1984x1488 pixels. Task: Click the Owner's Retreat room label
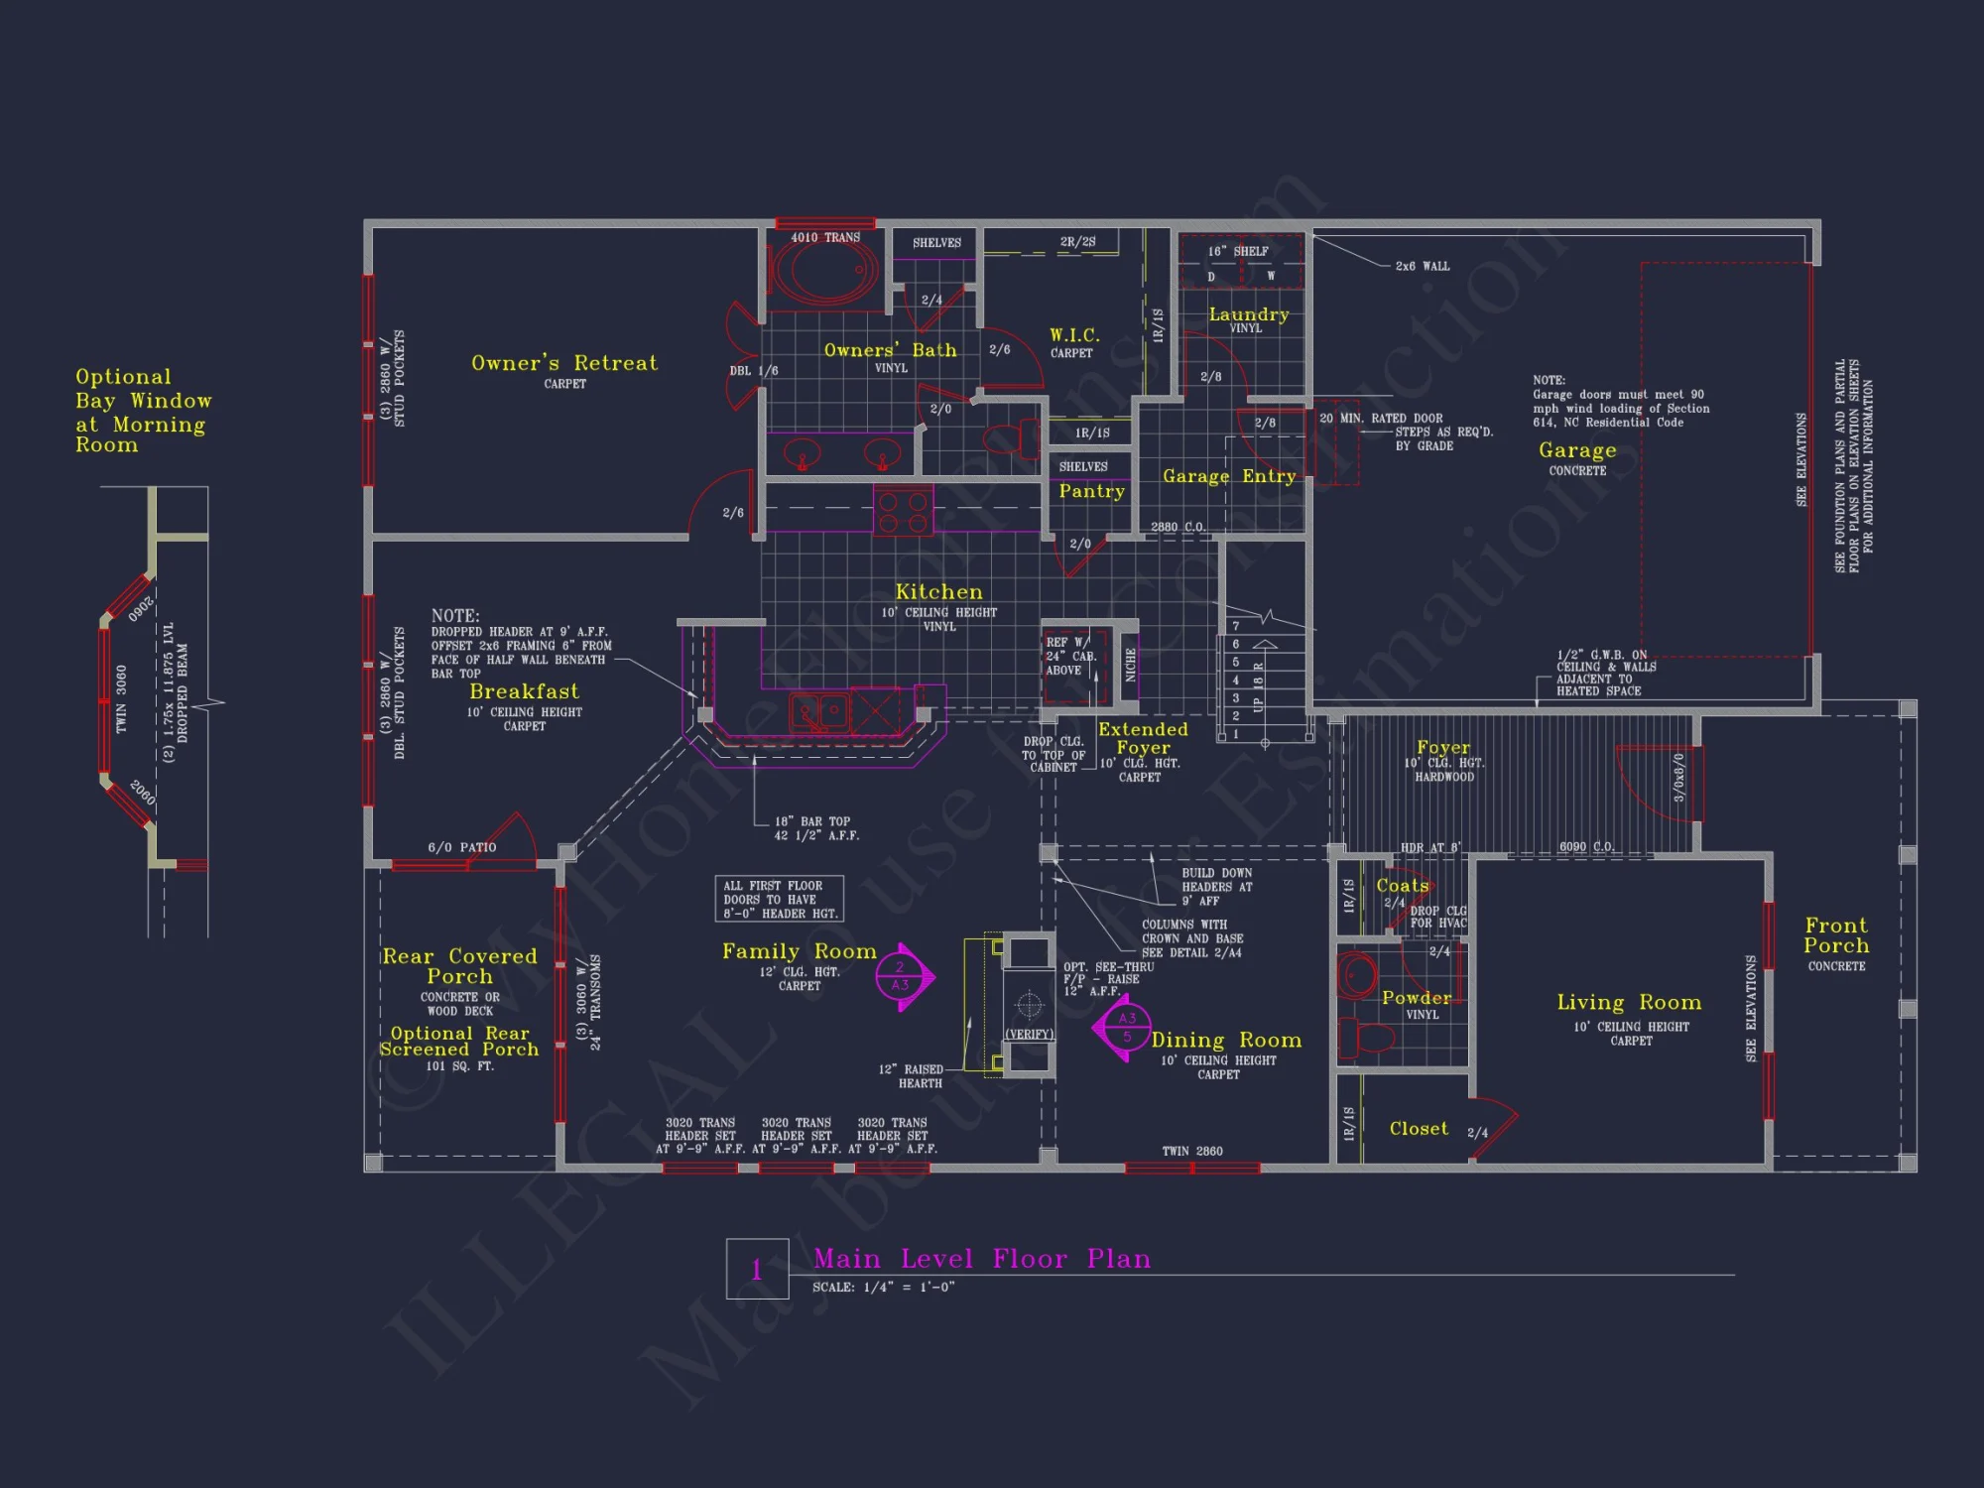pyautogui.click(x=563, y=363)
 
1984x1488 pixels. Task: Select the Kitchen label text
pyautogui.click(x=938, y=592)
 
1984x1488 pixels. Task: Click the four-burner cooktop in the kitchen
pyautogui.click(x=903, y=512)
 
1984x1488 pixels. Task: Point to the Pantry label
pyautogui.click(x=1091, y=491)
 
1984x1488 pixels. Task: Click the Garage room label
pyautogui.click(x=1577, y=450)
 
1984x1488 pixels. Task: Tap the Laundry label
pyautogui.click(x=1248, y=314)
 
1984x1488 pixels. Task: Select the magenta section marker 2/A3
pyautogui.click(x=901, y=976)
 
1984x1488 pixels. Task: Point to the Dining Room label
pyautogui.click(x=1226, y=1041)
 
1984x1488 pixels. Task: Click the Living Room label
pyautogui.click(x=1629, y=1003)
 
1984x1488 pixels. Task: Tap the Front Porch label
pyautogui.click(x=1836, y=935)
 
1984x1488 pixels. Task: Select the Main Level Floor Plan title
pyautogui.click(x=982, y=1259)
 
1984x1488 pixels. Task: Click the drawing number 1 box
pyautogui.click(x=757, y=1269)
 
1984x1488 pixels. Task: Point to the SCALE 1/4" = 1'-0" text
pyautogui.click(x=883, y=1288)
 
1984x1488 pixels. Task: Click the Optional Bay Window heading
pyautogui.click(x=143, y=411)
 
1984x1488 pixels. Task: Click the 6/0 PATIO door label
pyautogui.click(x=461, y=847)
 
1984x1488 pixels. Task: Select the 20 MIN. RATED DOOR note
pyautogui.click(x=1381, y=419)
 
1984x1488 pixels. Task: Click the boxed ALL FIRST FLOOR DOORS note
pyautogui.click(x=780, y=899)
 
